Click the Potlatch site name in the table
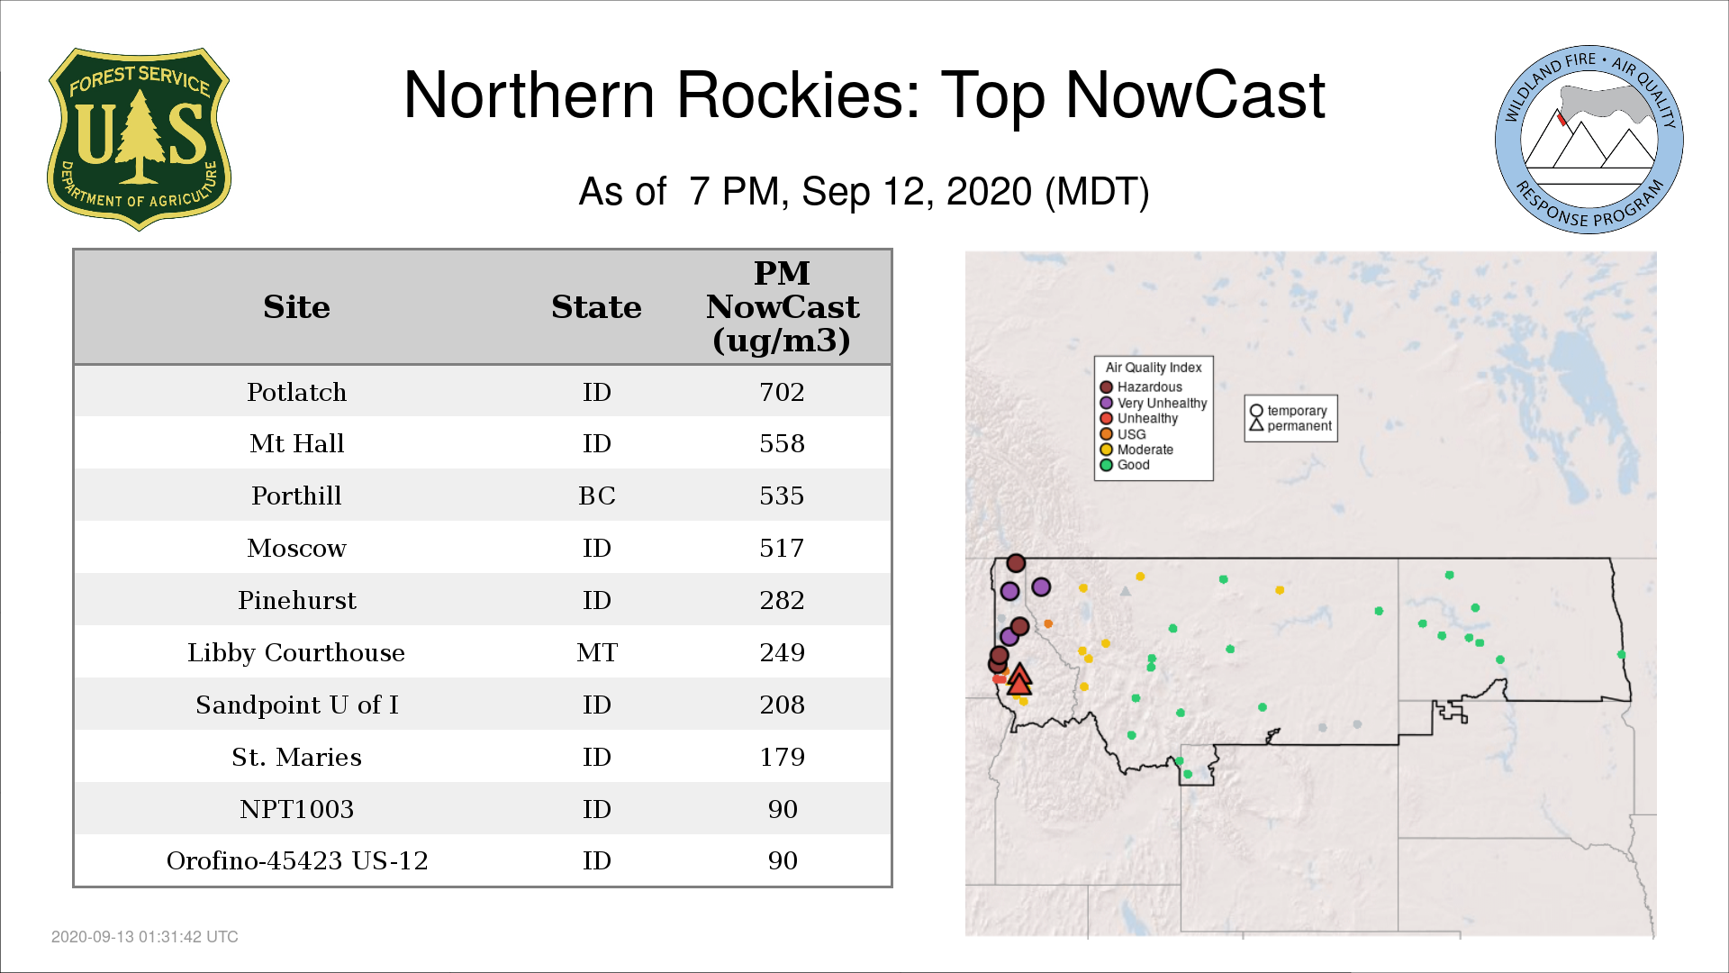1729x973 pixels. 296,392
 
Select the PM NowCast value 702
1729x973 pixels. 782,392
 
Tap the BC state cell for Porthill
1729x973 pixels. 597,496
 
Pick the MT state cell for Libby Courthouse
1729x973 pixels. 597,652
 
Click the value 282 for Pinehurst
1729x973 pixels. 782,600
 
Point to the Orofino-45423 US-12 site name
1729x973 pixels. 297,860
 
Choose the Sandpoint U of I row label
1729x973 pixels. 297,705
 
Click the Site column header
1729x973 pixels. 296,307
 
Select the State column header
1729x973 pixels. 596,307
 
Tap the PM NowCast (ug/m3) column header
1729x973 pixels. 782,306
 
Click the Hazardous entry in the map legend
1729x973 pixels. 1141,387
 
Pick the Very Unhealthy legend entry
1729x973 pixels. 1154,403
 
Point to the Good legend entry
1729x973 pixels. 1125,465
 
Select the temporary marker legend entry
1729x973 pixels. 1289,411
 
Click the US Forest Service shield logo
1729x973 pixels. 139,139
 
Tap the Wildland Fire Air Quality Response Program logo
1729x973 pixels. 1589,140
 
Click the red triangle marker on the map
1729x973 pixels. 1018,679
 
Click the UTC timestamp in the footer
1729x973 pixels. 145,937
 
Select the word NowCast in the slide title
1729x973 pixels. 1196,95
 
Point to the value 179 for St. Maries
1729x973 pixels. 782,757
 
